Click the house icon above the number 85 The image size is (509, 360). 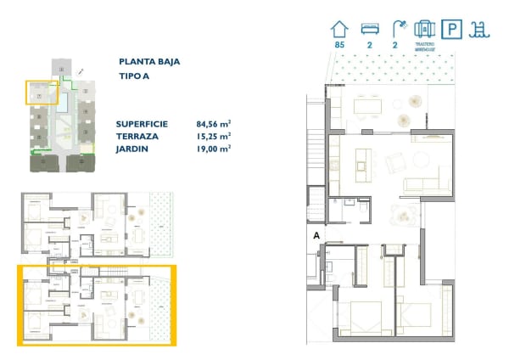(340, 29)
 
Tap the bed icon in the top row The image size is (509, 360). (369, 29)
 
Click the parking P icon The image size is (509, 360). (454, 30)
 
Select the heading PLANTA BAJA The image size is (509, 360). (150, 61)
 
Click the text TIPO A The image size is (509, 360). (135, 77)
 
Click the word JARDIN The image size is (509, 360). (133, 148)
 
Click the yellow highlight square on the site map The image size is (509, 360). (39, 93)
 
